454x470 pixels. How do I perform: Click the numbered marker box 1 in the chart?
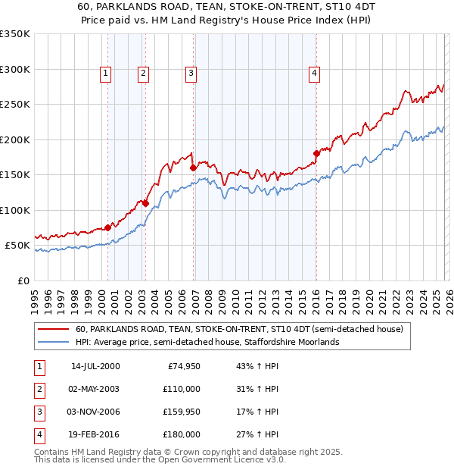[x=104, y=74]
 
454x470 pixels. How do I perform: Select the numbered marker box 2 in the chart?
[x=142, y=74]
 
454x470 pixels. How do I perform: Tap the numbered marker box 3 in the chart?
[x=190, y=74]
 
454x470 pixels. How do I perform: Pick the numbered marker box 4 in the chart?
[x=313, y=74]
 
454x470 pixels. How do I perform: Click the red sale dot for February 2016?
[x=316, y=153]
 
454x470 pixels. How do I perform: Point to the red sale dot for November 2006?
[x=193, y=168]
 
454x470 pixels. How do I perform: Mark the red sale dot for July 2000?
[x=107, y=227]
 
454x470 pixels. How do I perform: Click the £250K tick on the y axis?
[x=15, y=105]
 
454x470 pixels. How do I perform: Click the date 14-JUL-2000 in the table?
[x=95, y=366]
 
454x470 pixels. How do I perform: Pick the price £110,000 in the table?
[x=182, y=389]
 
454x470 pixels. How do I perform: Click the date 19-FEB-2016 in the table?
[x=95, y=434]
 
